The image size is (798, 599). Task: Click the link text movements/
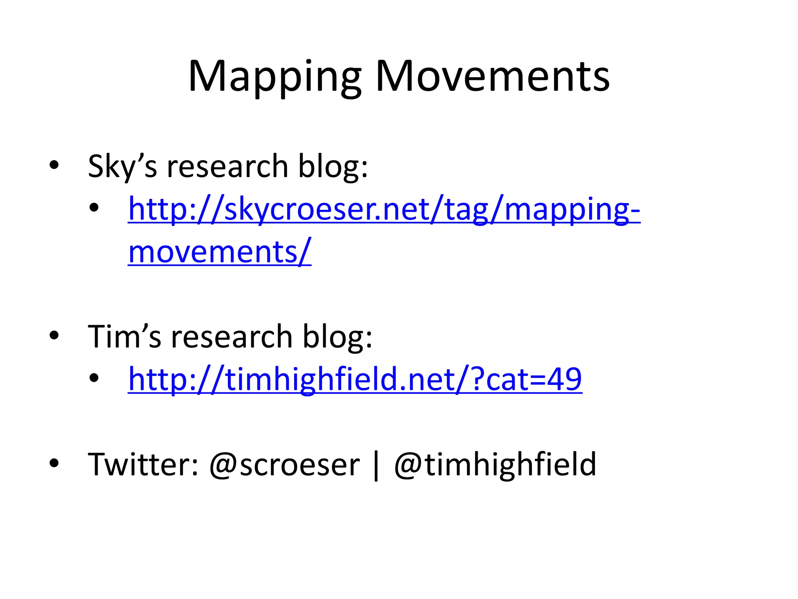219,252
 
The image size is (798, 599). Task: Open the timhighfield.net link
355,379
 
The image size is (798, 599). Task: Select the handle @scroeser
284,465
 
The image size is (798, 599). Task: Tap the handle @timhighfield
495,464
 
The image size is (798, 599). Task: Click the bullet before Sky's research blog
54,165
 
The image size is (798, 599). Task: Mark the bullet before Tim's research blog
54,335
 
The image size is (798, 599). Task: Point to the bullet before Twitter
54,463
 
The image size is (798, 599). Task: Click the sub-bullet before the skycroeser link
94,208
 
